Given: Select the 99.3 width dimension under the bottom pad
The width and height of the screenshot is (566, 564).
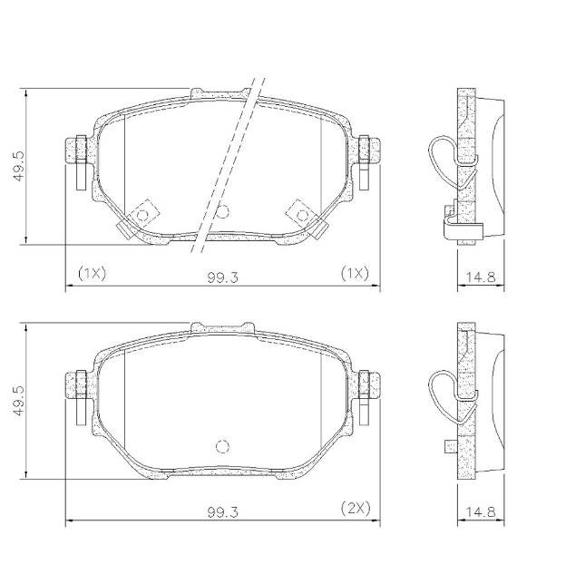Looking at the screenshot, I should pos(222,512).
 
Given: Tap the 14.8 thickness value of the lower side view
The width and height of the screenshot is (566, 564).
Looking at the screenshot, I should pos(482,512).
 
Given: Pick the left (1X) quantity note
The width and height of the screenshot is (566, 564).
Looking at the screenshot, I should pos(92,273).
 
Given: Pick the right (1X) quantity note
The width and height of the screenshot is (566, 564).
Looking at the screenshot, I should pos(355,273).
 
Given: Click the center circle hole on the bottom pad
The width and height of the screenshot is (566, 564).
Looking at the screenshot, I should pos(221,446).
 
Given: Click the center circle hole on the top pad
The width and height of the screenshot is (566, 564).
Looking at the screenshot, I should pos(221,213).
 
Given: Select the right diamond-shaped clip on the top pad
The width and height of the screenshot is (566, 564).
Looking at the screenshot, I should pos(300,214).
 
